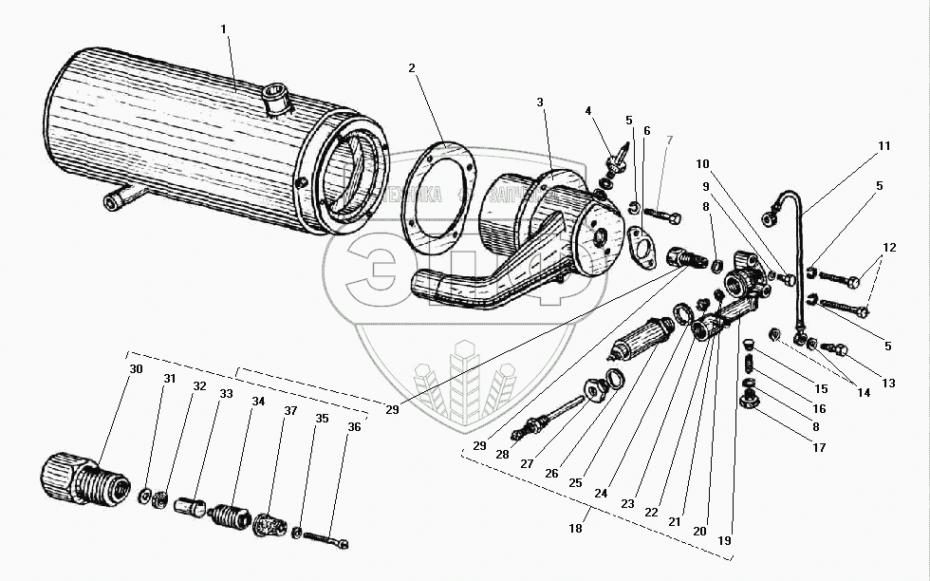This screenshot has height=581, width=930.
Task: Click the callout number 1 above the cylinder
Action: coord(224,29)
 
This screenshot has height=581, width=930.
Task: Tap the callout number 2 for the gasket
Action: coord(412,68)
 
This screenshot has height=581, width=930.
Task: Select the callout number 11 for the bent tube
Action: coord(883,146)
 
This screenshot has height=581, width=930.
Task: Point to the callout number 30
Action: coord(136,368)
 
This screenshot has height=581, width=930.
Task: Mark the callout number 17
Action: coord(818,447)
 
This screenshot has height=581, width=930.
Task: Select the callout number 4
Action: coord(587,111)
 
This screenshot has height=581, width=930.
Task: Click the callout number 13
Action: coord(888,383)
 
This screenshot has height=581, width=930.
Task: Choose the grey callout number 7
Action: coord(669,141)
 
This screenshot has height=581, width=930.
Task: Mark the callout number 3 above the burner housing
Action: coord(538,102)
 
